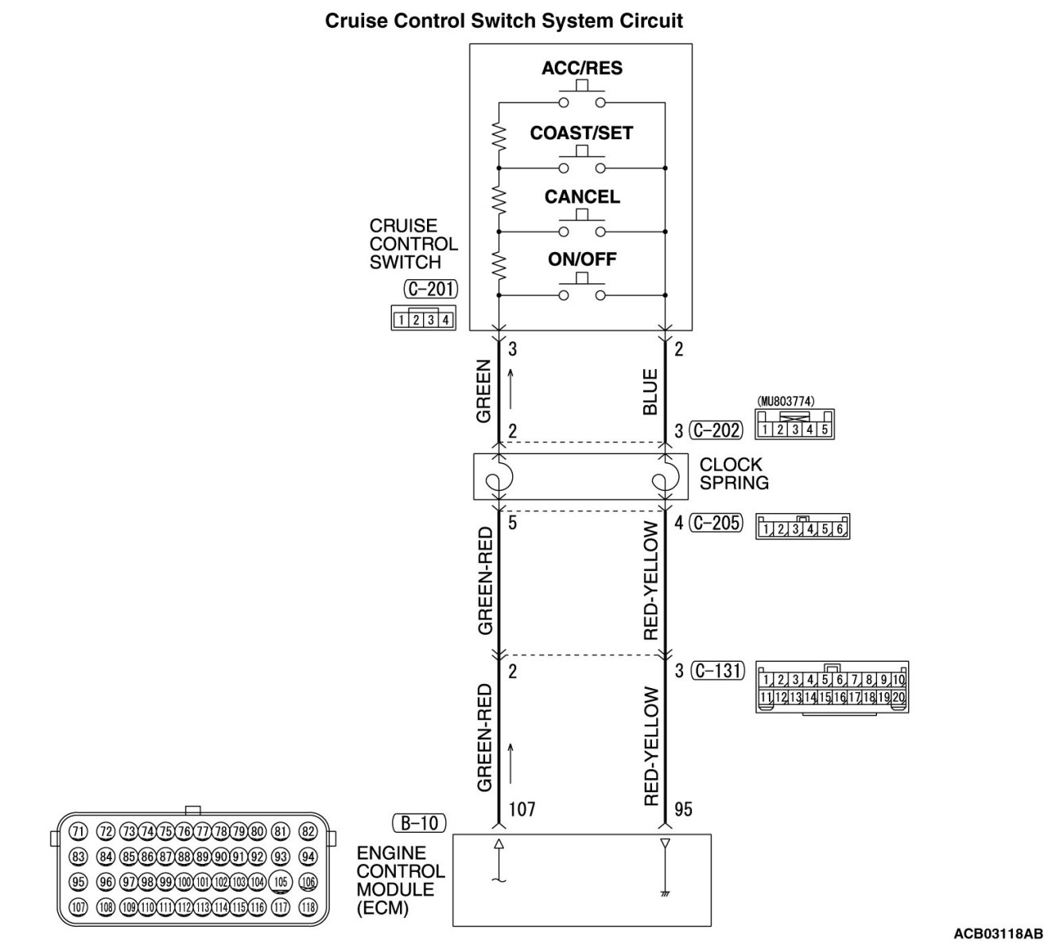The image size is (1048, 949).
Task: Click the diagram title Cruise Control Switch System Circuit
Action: [504, 21]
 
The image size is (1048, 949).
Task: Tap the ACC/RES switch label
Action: [582, 68]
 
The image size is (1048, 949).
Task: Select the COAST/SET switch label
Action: [581, 134]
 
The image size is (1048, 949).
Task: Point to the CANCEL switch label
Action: [582, 197]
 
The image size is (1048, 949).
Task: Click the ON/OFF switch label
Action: [582, 259]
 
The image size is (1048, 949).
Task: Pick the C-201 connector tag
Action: [430, 289]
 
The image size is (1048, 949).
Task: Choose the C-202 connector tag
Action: [716, 431]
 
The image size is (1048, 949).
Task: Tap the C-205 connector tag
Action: [716, 523]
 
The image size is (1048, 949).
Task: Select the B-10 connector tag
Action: [419, 823]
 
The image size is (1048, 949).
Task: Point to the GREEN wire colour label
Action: [483, 392]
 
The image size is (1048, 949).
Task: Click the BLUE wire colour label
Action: [650, 391]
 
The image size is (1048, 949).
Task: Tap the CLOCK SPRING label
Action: [734, 473]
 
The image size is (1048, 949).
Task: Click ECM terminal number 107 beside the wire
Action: [522, 810]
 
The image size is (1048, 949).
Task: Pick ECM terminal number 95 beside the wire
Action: [683, 810]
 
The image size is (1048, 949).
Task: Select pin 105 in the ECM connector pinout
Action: [280, 881]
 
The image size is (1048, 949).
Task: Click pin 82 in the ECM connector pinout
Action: [309, 832]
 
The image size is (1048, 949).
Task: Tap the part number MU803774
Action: [786, 402]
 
